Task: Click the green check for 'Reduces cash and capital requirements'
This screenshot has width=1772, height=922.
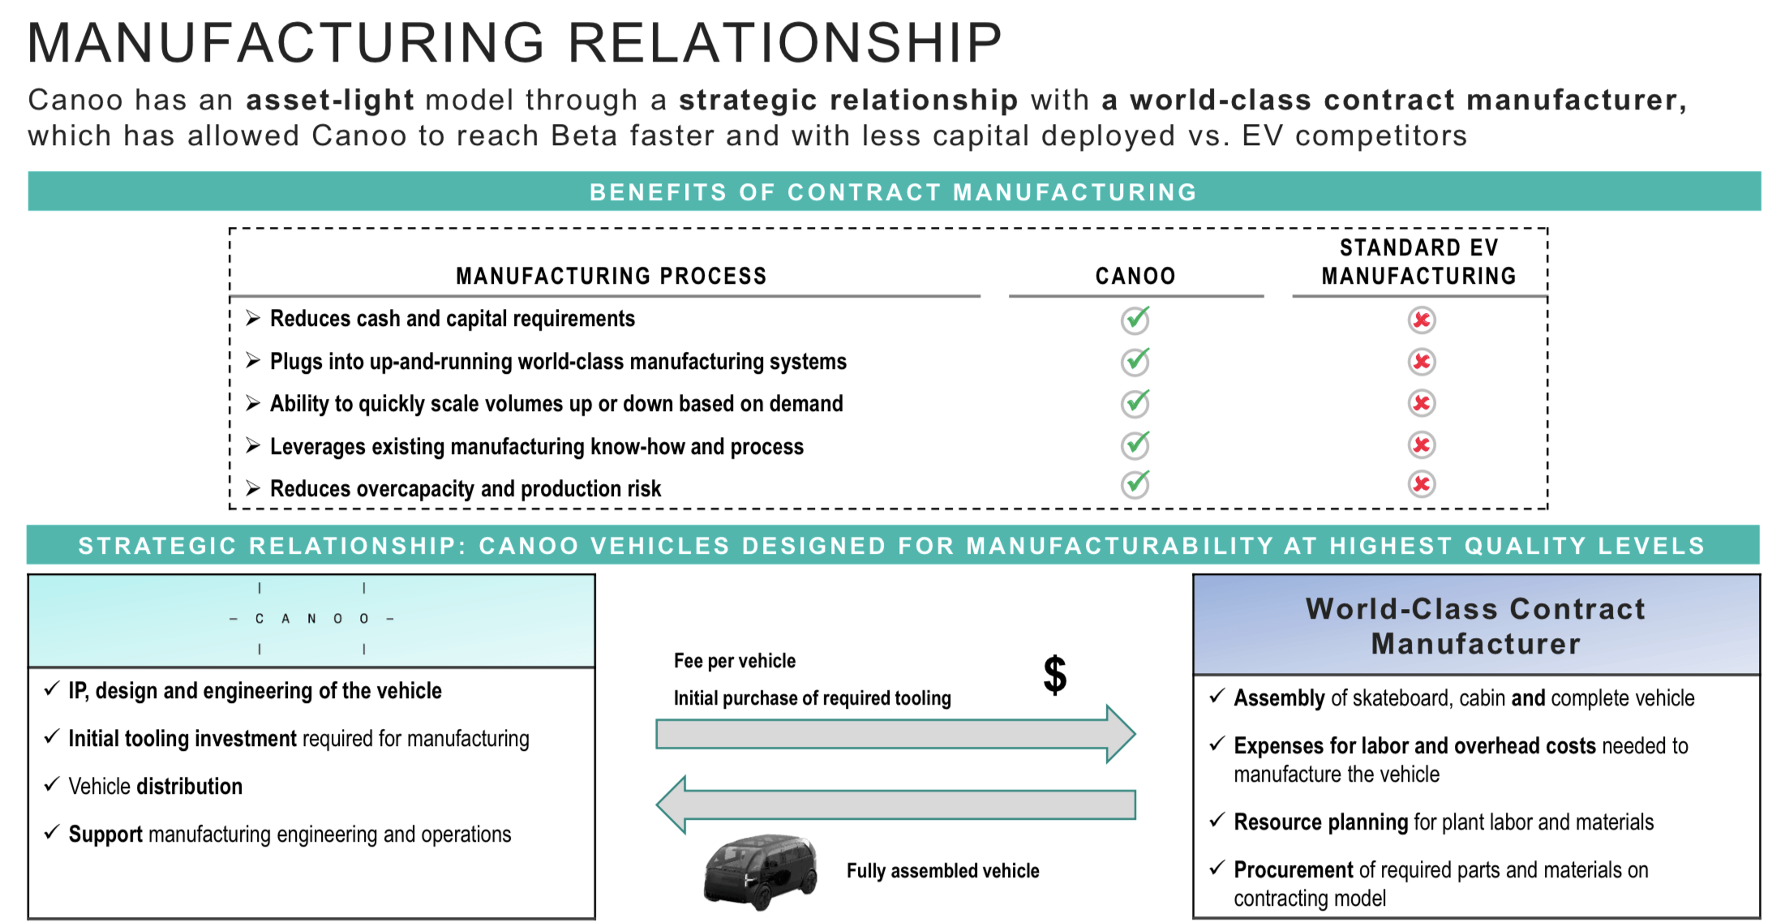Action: point(1135,319)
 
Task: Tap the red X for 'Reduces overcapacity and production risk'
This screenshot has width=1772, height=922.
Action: point(1421,484)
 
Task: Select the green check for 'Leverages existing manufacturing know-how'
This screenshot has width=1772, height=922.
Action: point(1135,444)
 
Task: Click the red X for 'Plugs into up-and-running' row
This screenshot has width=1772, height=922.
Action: point(1421,362)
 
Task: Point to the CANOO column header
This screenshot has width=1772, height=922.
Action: point(1135,277)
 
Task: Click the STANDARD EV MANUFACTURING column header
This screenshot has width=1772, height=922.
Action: point(1418,262)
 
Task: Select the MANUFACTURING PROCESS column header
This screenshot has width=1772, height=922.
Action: point(611,277)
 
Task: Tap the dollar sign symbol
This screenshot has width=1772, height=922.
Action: point(1054,675)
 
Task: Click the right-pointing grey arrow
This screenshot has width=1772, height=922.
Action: point(895,735)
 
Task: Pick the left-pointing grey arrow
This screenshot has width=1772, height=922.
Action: point(895,804)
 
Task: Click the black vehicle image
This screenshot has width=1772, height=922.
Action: point(760,871)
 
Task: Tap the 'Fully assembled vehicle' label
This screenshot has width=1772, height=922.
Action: point(943,871)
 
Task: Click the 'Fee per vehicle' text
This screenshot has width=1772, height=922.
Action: point(735,661)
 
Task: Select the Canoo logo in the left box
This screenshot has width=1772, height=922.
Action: point(311,619)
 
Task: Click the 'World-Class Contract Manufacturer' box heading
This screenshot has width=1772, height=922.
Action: point(1476,626)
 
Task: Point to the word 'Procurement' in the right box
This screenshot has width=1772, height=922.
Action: point(1294,870)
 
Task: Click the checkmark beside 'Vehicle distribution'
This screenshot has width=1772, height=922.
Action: point(52,784)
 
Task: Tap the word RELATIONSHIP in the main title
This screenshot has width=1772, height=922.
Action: point(785,42)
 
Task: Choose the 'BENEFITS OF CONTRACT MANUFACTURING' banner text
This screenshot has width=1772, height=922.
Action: point(893,192)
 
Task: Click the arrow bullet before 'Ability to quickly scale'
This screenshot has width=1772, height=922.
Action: point(253,402)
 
